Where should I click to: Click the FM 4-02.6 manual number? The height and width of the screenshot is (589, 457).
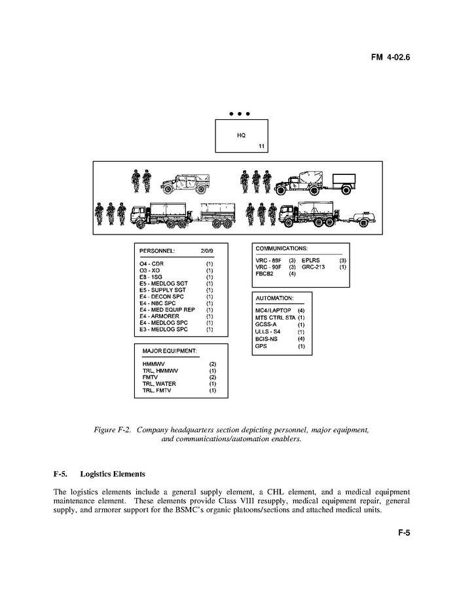click(390, 58)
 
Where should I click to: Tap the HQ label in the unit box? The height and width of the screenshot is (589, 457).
click(240, 136)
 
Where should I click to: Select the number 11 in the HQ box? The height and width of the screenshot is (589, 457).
click(261, 146)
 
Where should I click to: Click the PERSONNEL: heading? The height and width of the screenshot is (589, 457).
click(157, 251)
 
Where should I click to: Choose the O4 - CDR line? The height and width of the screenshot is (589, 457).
click(152, 263)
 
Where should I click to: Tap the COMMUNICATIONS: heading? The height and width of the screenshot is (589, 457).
click(282, 249)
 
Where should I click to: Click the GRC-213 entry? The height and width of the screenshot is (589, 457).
click(315, 267)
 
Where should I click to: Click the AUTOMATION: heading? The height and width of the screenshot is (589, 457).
click(274, 298)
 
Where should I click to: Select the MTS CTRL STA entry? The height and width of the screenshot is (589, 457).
click(276, 317)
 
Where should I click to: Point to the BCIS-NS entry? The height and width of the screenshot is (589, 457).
click(268, 339)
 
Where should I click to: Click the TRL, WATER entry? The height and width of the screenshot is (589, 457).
click(159, 383)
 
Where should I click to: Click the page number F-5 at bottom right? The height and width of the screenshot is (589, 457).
click(403, 533)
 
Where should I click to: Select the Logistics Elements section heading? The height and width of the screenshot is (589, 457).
click(113, 474)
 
